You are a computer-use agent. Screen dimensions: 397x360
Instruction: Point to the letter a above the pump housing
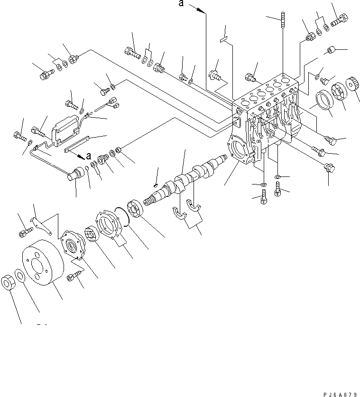click(181, 4)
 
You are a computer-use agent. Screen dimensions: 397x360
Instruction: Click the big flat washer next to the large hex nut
click(20, 276)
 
